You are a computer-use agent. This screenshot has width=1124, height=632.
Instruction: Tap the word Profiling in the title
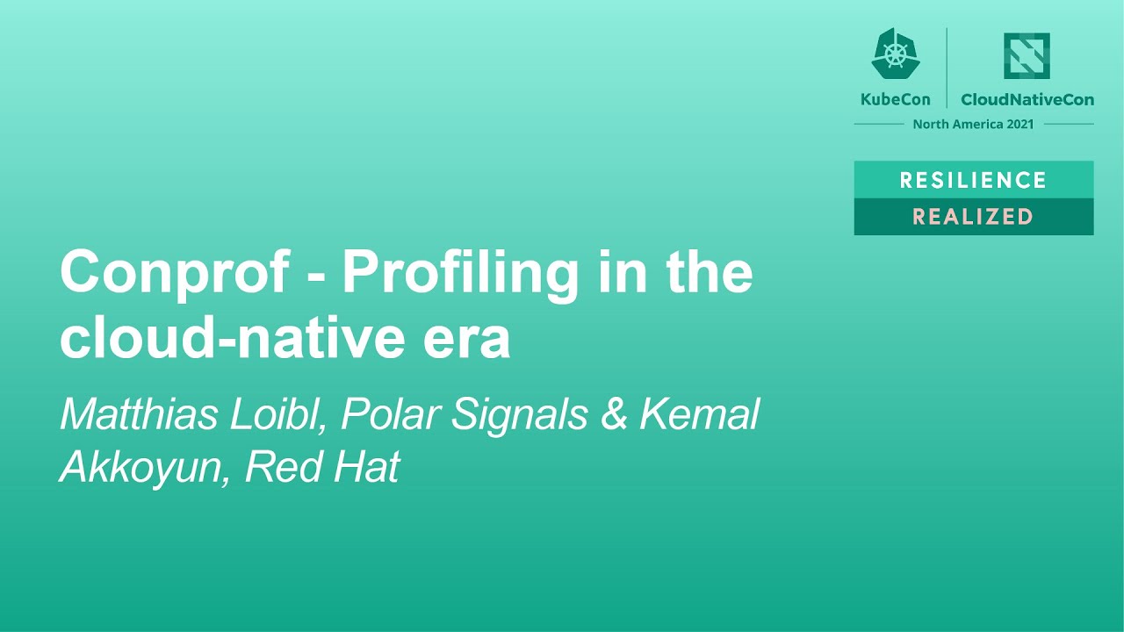click(461, 273)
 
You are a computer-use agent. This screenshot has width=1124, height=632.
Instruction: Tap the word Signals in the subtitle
click(520, 414)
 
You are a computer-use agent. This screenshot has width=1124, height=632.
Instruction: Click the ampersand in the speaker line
click(615, 414)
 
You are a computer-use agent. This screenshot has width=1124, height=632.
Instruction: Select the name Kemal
click(700, 414)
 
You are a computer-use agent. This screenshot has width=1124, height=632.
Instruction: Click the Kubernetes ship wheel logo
click(895, 54)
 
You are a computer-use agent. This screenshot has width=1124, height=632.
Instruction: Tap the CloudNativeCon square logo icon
click(1027, 56)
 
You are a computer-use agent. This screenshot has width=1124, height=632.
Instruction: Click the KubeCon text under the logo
click(895, 99)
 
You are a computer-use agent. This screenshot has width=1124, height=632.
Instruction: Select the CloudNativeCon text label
click(1027, 99)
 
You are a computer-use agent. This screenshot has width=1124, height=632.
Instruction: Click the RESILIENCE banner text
click(973, 180)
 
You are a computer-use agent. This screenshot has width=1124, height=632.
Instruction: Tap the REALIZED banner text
click(973, 217)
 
